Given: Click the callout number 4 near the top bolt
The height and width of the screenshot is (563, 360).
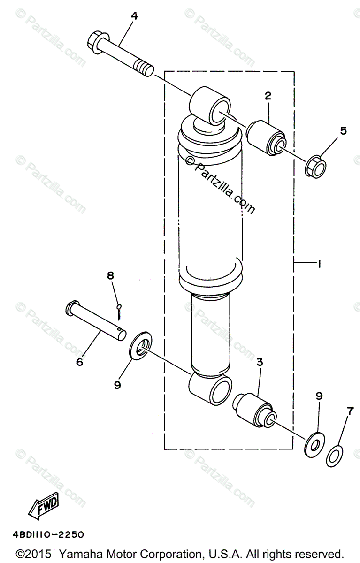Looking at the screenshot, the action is pos(135,16).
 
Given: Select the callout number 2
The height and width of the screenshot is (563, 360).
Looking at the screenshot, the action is pos(268,96).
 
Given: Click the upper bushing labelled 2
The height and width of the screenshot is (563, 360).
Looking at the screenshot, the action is pos(266,138).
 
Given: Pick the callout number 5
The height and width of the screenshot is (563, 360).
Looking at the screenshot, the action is pos(344,131).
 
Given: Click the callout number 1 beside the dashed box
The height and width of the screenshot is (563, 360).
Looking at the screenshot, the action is pos(319,264).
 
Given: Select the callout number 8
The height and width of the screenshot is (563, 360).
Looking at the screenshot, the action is pos(110,276).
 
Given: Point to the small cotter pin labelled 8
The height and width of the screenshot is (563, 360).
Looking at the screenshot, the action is pos(119,312).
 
